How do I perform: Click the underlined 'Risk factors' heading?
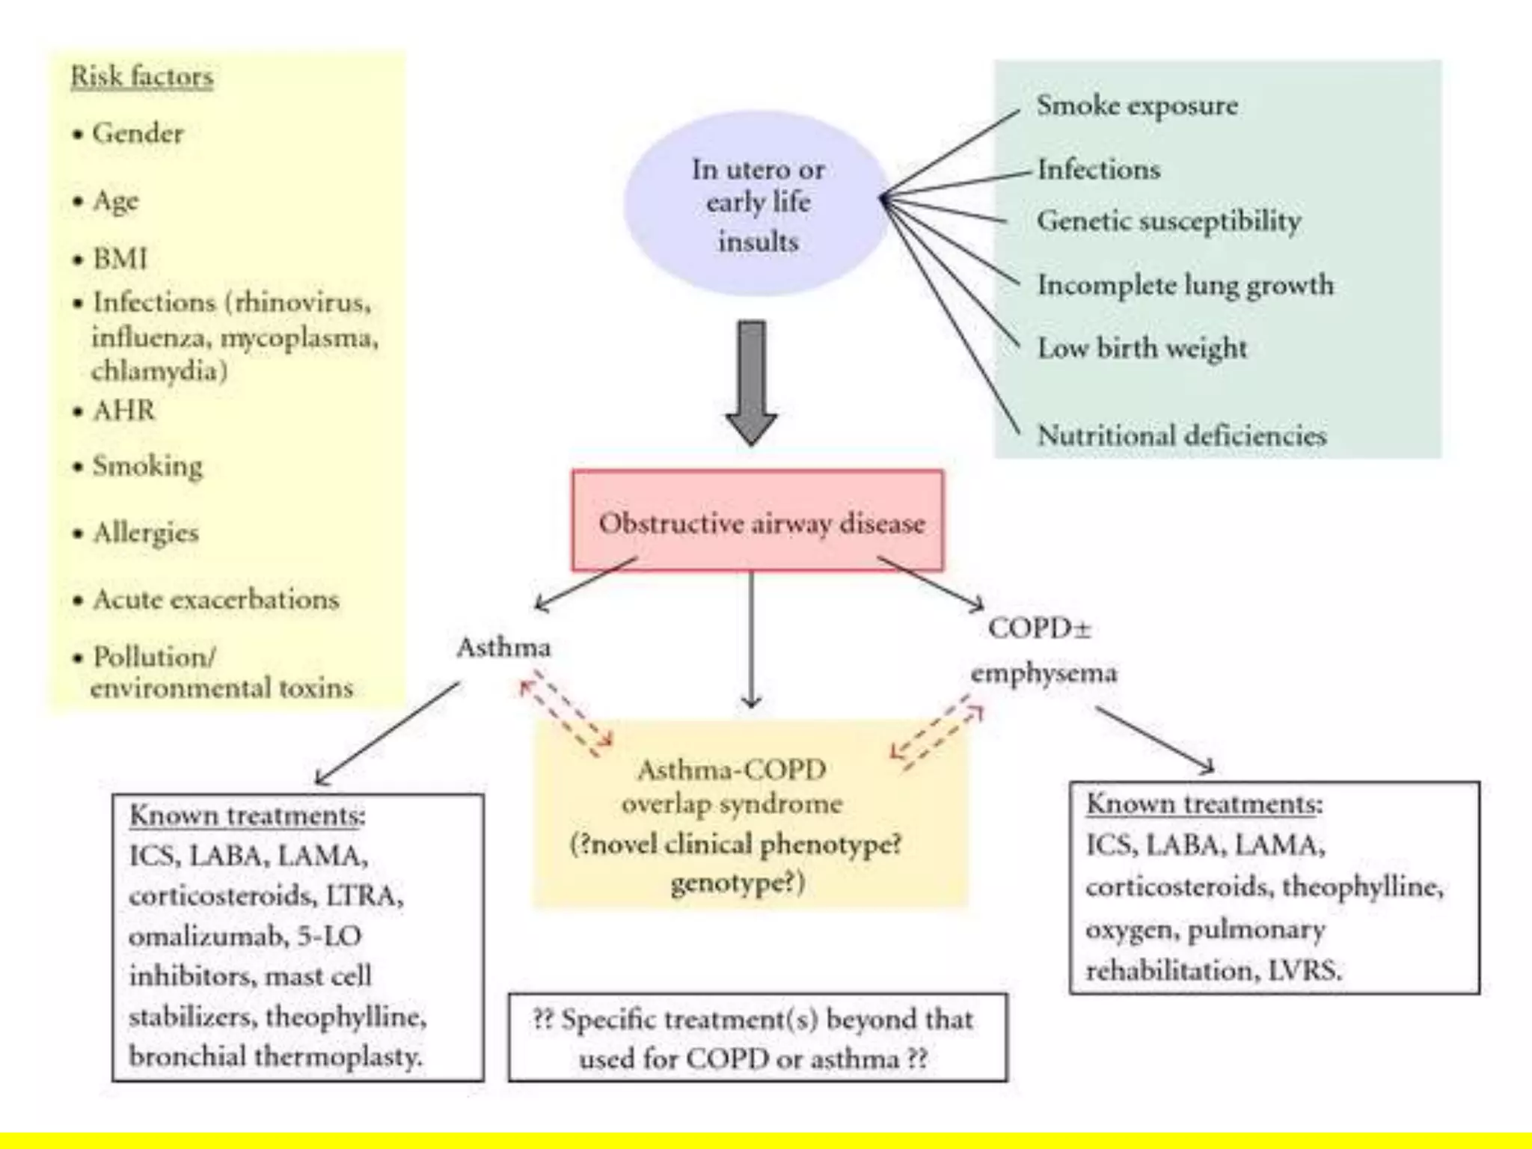tap(142, 77)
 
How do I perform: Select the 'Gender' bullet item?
tap(137, 134)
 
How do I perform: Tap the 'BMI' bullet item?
tap(120, 259)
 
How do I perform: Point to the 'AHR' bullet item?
tap(123, 411)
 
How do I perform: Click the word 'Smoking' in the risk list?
tap(147, 466)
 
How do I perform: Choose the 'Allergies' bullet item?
tap(146, 533)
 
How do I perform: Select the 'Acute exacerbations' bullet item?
tap(215, 599)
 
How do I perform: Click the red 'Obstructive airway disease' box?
tap(758, 521)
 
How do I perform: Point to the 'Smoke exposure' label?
tap(1137, 105)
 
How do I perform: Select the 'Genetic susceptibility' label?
tap(1168, 221)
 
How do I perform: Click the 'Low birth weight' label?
tap(1142, 348)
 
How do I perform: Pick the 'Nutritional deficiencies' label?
tap(1181, 435)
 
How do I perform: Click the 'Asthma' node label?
tap(503, 647)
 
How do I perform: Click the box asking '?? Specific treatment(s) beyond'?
tap(757, 1038)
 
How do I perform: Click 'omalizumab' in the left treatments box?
tap(208, 937)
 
